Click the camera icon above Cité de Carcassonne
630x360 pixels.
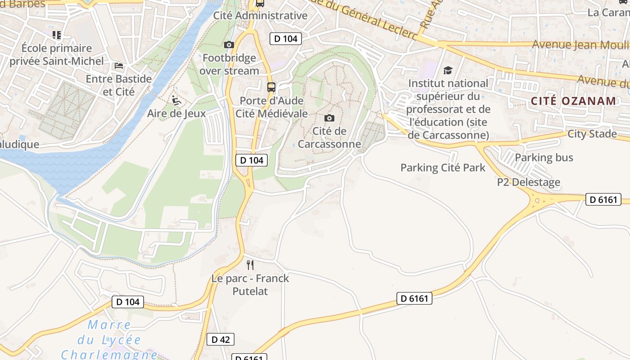pos(329,118)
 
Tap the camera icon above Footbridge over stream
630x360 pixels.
pos(229,45)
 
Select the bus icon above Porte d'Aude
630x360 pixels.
pos(271,87)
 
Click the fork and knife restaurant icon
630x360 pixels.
pos(250,265)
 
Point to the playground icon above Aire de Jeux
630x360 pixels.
pos(176,100)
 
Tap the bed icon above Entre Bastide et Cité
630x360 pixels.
pos(119,66)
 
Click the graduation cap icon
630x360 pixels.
pos(448,70)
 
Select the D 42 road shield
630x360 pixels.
pos(220,339)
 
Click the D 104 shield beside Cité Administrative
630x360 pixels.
pos(286,39)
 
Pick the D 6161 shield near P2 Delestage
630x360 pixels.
pos(603,199)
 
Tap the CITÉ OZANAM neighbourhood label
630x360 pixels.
pos(573,101)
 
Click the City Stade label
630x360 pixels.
pos(592,134)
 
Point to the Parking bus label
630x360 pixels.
pos(544,157)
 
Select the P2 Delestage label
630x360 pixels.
pos(529,182)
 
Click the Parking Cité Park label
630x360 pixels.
pos(443,168)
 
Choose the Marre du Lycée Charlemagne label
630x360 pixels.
pos(109,340)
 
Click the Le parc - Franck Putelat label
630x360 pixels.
pos(250,285)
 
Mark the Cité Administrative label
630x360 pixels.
pos(260,16)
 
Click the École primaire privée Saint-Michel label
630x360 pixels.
pos(57,54)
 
